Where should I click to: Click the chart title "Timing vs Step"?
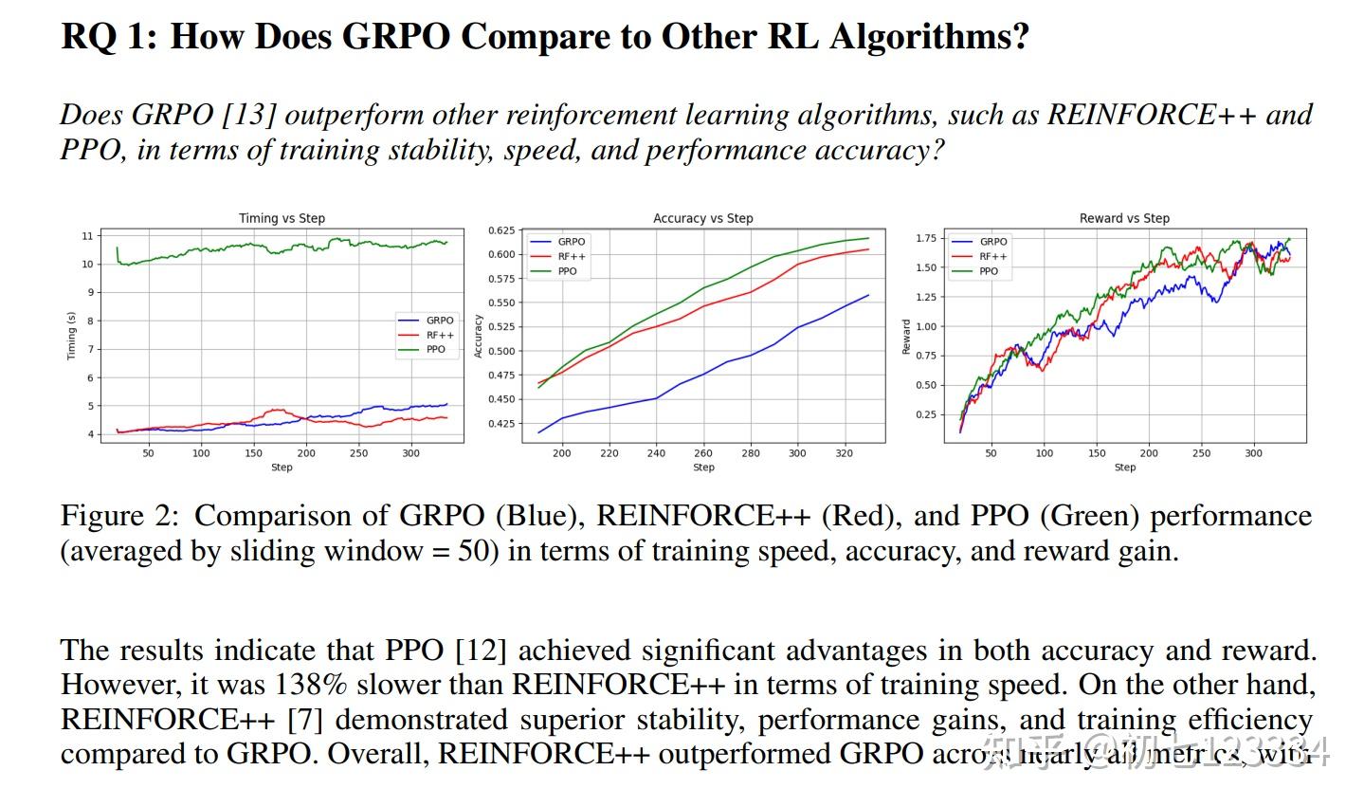click(282, 218)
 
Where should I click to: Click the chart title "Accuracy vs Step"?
click(702, 218)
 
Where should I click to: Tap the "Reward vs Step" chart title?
click(1124, 218)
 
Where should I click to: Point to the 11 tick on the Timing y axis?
click(88, 236)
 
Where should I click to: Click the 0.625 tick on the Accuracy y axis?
click(502, 230)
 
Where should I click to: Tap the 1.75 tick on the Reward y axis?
click(925, 238)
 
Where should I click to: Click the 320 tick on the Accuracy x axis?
click(844, 453)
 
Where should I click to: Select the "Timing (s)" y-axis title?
click(70, 336)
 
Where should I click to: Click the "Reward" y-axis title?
click(906, 337)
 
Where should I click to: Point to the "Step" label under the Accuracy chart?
click(703, 468)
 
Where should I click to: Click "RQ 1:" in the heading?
click(107, 37)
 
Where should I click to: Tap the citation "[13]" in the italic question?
click(248, 115)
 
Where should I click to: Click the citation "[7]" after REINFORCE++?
click(304, 720)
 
